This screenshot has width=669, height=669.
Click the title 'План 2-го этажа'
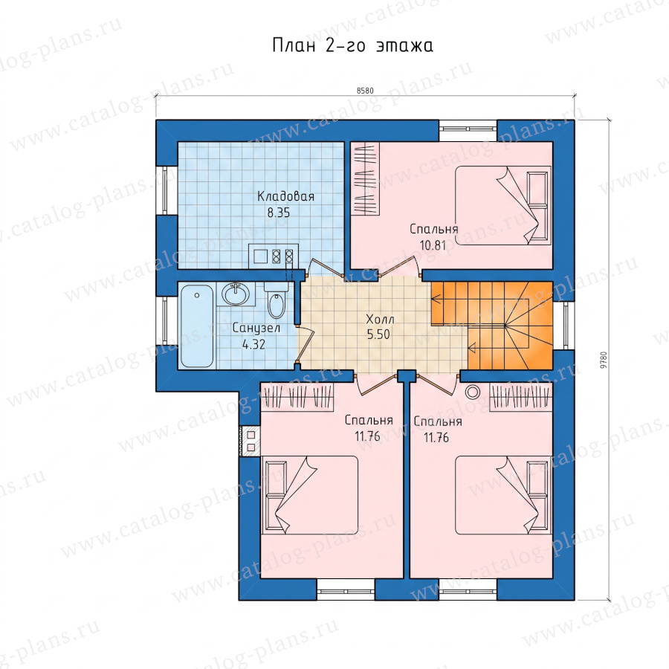pos(352,45)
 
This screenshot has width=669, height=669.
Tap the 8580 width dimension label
pos(365,91)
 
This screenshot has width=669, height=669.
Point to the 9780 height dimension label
pos(603,360)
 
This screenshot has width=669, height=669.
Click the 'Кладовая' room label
pos(285,196)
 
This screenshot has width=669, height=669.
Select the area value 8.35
pos(278,213)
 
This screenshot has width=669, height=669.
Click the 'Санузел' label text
pos(256,328)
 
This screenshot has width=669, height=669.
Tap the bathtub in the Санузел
pos(197,326)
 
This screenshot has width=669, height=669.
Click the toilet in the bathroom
pos(277,300)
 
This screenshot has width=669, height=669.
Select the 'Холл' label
pos(380,319)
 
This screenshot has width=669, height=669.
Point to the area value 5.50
pos(378,334)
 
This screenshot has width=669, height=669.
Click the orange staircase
pos(492,325)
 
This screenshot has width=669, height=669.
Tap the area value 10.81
pos(433,245)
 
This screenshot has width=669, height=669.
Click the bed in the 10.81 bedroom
pos(503,205)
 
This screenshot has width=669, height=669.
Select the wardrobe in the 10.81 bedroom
pos(365,178)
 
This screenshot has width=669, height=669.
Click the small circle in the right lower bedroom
pos(473,392)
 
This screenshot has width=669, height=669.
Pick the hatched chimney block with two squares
pos(250,441)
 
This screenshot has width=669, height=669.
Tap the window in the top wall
pos(468,131)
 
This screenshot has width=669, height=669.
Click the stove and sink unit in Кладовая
pos(274,256)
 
